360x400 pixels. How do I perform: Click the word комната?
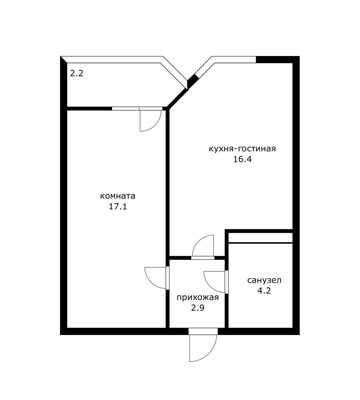pyautogui.click(x=118, y=196)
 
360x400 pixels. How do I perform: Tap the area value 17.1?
pyautogui.click(x=118, y=207)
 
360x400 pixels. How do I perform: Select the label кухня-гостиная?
pyautogui.click(x=242, y=148)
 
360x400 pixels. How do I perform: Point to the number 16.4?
pyautogui.click(x=242, y=159)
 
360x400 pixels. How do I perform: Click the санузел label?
pyautogui.click(x=264, y=280)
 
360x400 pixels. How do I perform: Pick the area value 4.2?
pyautogui.click(x=264, y=291)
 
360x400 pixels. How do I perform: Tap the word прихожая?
pyautogui.click(x=198, y=297)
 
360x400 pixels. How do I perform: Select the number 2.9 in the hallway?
pyautogui.click(x=198, y=308)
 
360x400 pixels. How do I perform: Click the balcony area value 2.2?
pyautogui.click(x=76, y=73)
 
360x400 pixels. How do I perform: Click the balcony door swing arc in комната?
pyautogui.click(x=156, y=125)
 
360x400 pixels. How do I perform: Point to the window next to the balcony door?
pyautogui.click(x=125, y=108)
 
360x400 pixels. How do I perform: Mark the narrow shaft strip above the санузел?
pyautogui.click(x=260, y=238)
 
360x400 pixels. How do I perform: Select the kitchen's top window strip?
pyautogui.click(x=234, y=59)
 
